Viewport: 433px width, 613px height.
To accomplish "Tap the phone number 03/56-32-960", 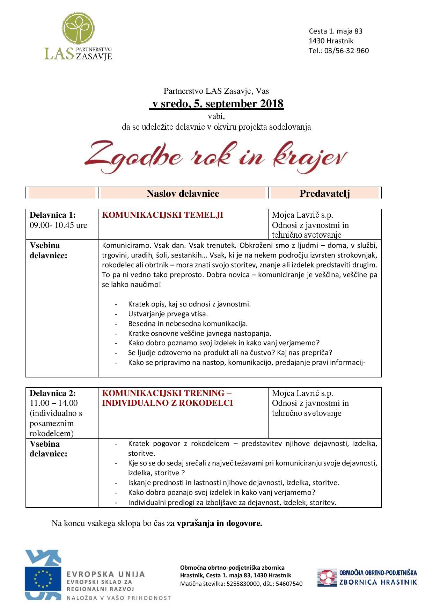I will click(x=346, y=51).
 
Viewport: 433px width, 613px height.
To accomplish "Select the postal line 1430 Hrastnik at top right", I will click(x=331, y=41).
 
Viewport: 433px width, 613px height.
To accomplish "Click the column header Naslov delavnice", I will click(x=183, y=193).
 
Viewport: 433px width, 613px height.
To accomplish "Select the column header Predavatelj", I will click(x=324, y=193).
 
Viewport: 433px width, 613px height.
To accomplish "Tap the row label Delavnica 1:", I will click(x=52, y=215).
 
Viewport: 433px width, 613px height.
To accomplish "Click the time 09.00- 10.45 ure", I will click(x=58, y=225).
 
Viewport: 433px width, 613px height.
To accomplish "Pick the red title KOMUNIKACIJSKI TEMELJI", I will click(x=162, y=215).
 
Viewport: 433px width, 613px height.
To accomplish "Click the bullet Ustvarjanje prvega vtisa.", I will click(x=168, y=314).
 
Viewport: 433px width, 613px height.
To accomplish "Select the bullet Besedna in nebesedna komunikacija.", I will click(x=188, y=324).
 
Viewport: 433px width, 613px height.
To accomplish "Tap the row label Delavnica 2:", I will click(x=52, y=393).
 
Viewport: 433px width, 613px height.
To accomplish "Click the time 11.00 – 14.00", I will click(x=54, y=403).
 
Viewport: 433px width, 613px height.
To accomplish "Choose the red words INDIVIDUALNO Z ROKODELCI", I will click(x=167, y=403).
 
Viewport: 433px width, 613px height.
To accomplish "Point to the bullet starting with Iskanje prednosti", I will click(x=233, y=483).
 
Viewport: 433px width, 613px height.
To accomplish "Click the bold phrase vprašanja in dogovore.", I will click(x=219, y=524).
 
